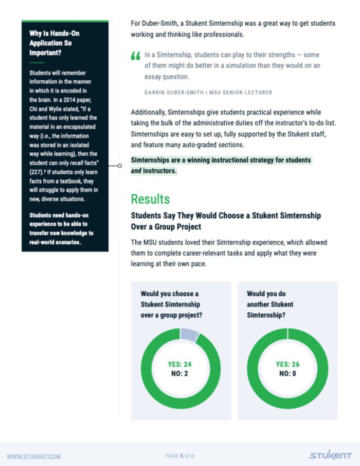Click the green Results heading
tap(150, 199)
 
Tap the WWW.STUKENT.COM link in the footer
tap(33, 456)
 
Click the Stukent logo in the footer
tap(331, 456)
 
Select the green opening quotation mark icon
tap(135, 56)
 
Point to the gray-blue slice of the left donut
tap(189, 335)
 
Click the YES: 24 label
tap(179, 364)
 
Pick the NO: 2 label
tap(179, 373)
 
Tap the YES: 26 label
tap(287, 364)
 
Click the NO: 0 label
tap(287, 373)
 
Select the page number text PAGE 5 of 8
tap(180, 456)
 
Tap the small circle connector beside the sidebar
tap(119, 166)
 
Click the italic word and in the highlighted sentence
tap(137, 171)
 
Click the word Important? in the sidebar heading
tap(47, 52)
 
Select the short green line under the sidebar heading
tap(37, 62)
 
